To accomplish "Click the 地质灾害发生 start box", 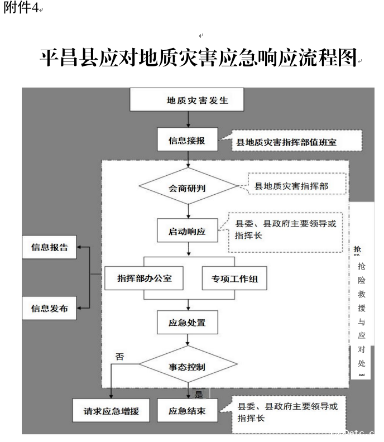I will [x=190, y=100].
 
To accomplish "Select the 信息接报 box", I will [x=187, y=141].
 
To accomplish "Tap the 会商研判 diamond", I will [x=188, y=188].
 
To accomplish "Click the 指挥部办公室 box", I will [x=144, y=278].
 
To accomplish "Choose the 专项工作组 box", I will [x=234, y=278].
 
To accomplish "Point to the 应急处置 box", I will [x=188, y=322].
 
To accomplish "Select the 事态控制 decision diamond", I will [x=188, y=367].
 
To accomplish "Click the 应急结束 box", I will [x=188, y=412].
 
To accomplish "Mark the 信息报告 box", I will [x=49, y=247].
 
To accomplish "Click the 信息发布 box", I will [x=49, y=308].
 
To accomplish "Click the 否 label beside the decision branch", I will [x=119, y=357].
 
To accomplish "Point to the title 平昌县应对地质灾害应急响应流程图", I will [x=198, y=57].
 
